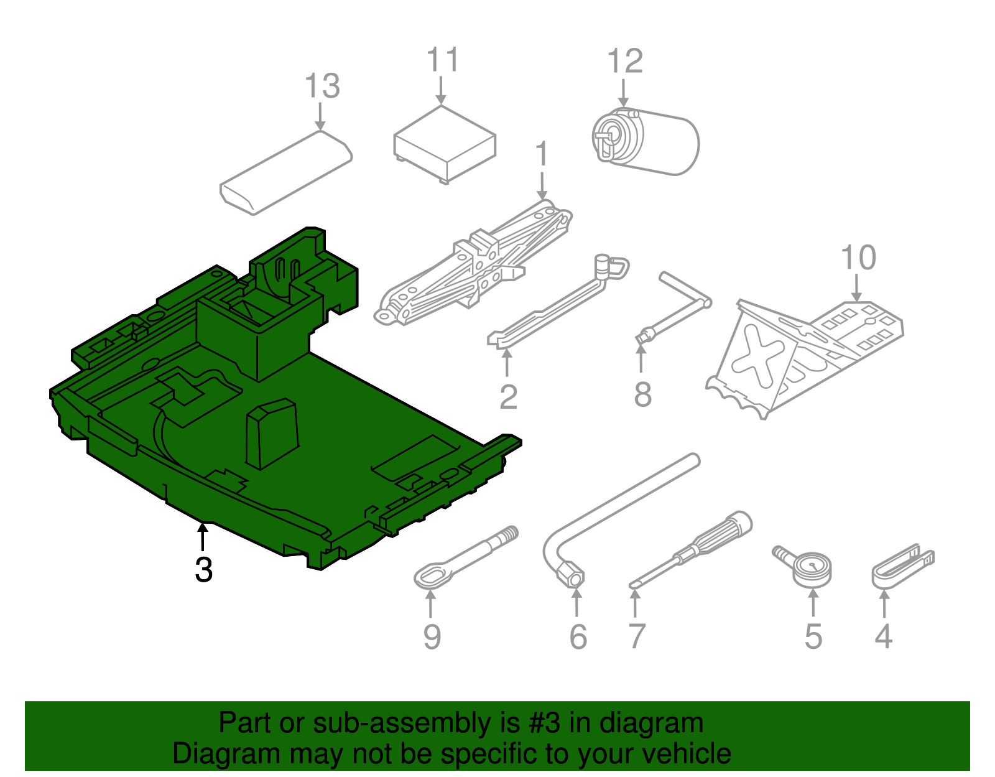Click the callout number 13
coord(322,86)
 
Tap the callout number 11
coord(442,60)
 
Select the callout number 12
coord(624,61)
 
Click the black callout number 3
coord(203,569)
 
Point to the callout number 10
coord(858,258)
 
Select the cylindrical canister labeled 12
coord(647,142)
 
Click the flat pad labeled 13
coord(287,173)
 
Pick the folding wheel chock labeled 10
coord(802,355)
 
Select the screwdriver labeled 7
coord(690,550)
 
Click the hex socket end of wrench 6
coord(571,574)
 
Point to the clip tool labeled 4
coord(902,566)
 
